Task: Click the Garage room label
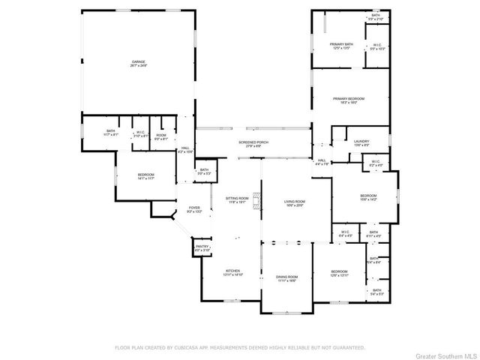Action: tap(138, 63)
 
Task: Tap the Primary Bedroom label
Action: tap(349, 100)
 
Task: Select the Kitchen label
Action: tap(232, 273)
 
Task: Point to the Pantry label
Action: tap(202, 247)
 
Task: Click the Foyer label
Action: tap(194, 209)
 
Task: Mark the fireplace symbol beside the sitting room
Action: tap(258, 200)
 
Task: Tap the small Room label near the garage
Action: tap(161, 136)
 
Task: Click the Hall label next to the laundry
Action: tap(321, 161)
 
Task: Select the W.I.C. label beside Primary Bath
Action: tap(377, 46)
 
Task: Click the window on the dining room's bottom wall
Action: tap(286, 312)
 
